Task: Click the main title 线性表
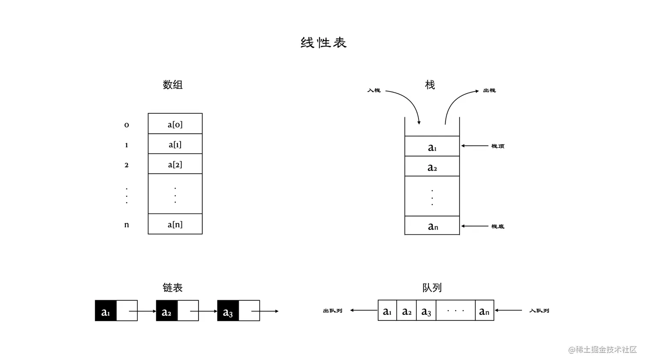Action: pos(323,43)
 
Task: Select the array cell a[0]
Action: pos(175,124)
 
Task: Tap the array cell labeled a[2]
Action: pos(175,164)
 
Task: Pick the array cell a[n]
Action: pos(175,224)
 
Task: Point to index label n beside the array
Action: pos(127,225)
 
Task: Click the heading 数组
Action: pos(172,85)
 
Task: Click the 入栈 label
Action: pos(374,90)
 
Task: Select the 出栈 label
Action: pos(489,90)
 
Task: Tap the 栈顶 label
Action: pos(498,146)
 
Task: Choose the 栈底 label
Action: pos(498,226)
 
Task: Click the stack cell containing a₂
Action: pos(432,167)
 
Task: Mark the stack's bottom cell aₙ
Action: pos(432,226)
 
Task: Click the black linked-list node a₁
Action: pos(106,311)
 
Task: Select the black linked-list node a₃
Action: pos(228,311)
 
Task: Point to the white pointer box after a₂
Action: pos(188,311)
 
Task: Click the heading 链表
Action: pos(172,288)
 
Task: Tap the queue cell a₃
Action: pos(426,311)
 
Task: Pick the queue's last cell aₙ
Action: pos(484,311)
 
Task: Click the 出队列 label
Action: pos(332,311)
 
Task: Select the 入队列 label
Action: pos(539,311)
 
